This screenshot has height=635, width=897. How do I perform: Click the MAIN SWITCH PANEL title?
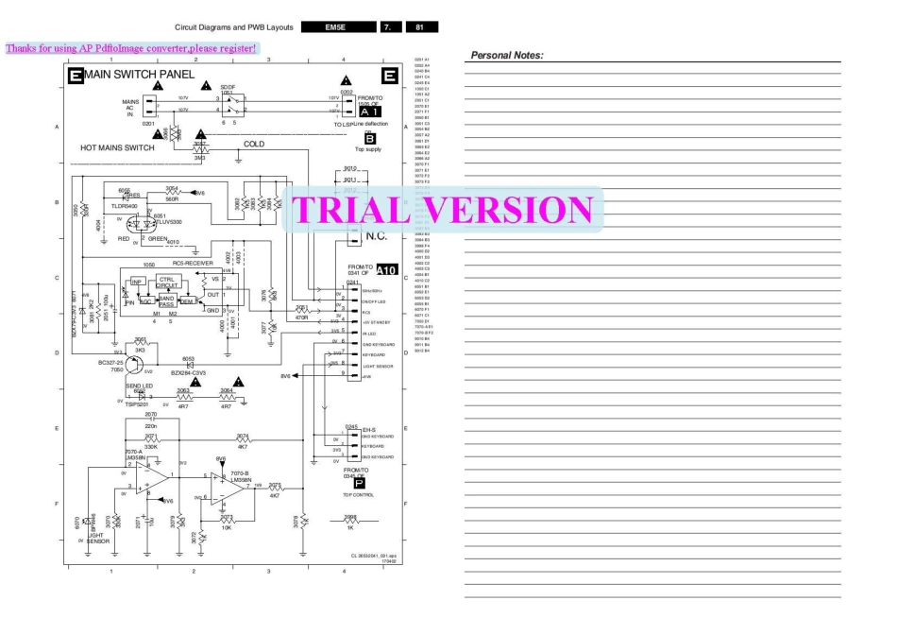134,75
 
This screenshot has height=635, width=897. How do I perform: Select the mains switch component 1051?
228,104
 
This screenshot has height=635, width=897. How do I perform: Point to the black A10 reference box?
387,271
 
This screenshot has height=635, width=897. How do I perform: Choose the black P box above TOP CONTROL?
359,483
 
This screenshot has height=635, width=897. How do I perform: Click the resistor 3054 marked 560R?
172,193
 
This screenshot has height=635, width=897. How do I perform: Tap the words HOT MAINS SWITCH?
118,148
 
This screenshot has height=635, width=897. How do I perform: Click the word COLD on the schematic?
254,145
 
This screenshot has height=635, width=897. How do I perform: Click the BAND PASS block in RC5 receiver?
167,300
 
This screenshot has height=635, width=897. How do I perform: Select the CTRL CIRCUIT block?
167,283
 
